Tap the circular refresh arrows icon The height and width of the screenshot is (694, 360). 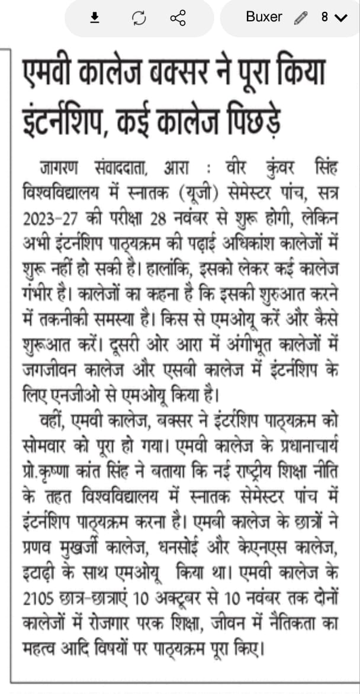pos(139,18)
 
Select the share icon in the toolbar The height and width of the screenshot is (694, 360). pos(178,18)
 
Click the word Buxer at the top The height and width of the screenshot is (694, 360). pos(264,17)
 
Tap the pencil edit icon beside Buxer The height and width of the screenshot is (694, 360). pos(300,17)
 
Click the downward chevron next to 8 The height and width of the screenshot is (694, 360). pos(340,18)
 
